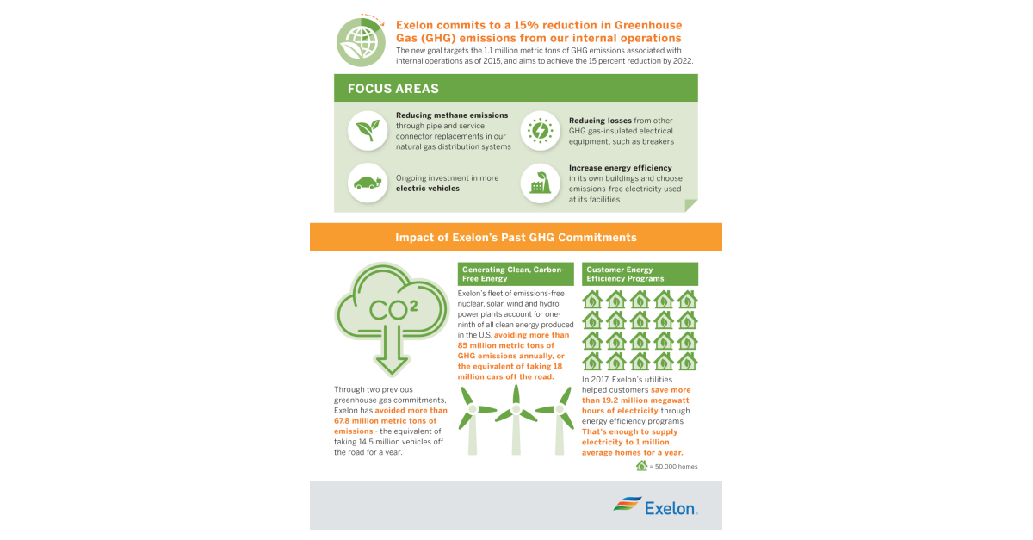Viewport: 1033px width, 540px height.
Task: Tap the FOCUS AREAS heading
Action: tap(393, 89)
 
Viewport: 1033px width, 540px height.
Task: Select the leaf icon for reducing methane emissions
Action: tap(368, 131)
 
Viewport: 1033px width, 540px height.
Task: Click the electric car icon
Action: tap(368, 183)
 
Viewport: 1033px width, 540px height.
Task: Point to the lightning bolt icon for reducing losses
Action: tap(540, 131)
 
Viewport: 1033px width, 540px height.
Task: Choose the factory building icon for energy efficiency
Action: tap(540, 183)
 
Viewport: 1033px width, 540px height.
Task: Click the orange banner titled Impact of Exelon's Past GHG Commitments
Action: tap(516, 237)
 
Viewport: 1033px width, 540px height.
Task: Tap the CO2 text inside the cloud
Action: tap(392, 309)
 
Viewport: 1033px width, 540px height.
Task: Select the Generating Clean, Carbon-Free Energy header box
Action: tap(516, 274)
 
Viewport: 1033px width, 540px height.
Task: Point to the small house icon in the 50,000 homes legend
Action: tap(641, 466)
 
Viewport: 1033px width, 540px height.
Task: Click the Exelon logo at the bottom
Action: tap(655, 506)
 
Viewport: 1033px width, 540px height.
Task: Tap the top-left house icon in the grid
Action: tap(592, 300)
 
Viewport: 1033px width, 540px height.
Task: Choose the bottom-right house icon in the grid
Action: tap(687, 361)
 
